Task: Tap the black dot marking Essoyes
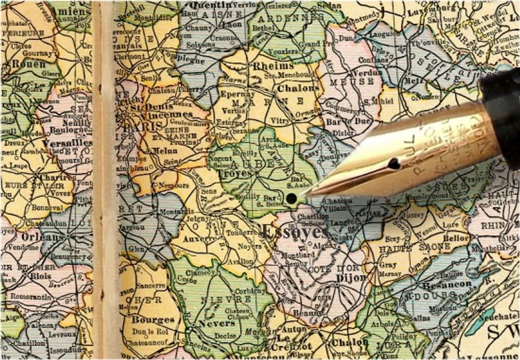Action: coord(291,199)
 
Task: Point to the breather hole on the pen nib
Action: coord(393,164)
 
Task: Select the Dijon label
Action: coord(351,277)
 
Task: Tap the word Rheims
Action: coord(273,66)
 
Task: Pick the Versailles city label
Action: coord(67,143)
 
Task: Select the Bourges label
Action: coord(153,320)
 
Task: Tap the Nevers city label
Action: coord(216,323)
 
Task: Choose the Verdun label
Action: coord(367,73)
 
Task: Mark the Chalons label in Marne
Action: coord(298,88)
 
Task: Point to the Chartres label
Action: coord(53,177)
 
